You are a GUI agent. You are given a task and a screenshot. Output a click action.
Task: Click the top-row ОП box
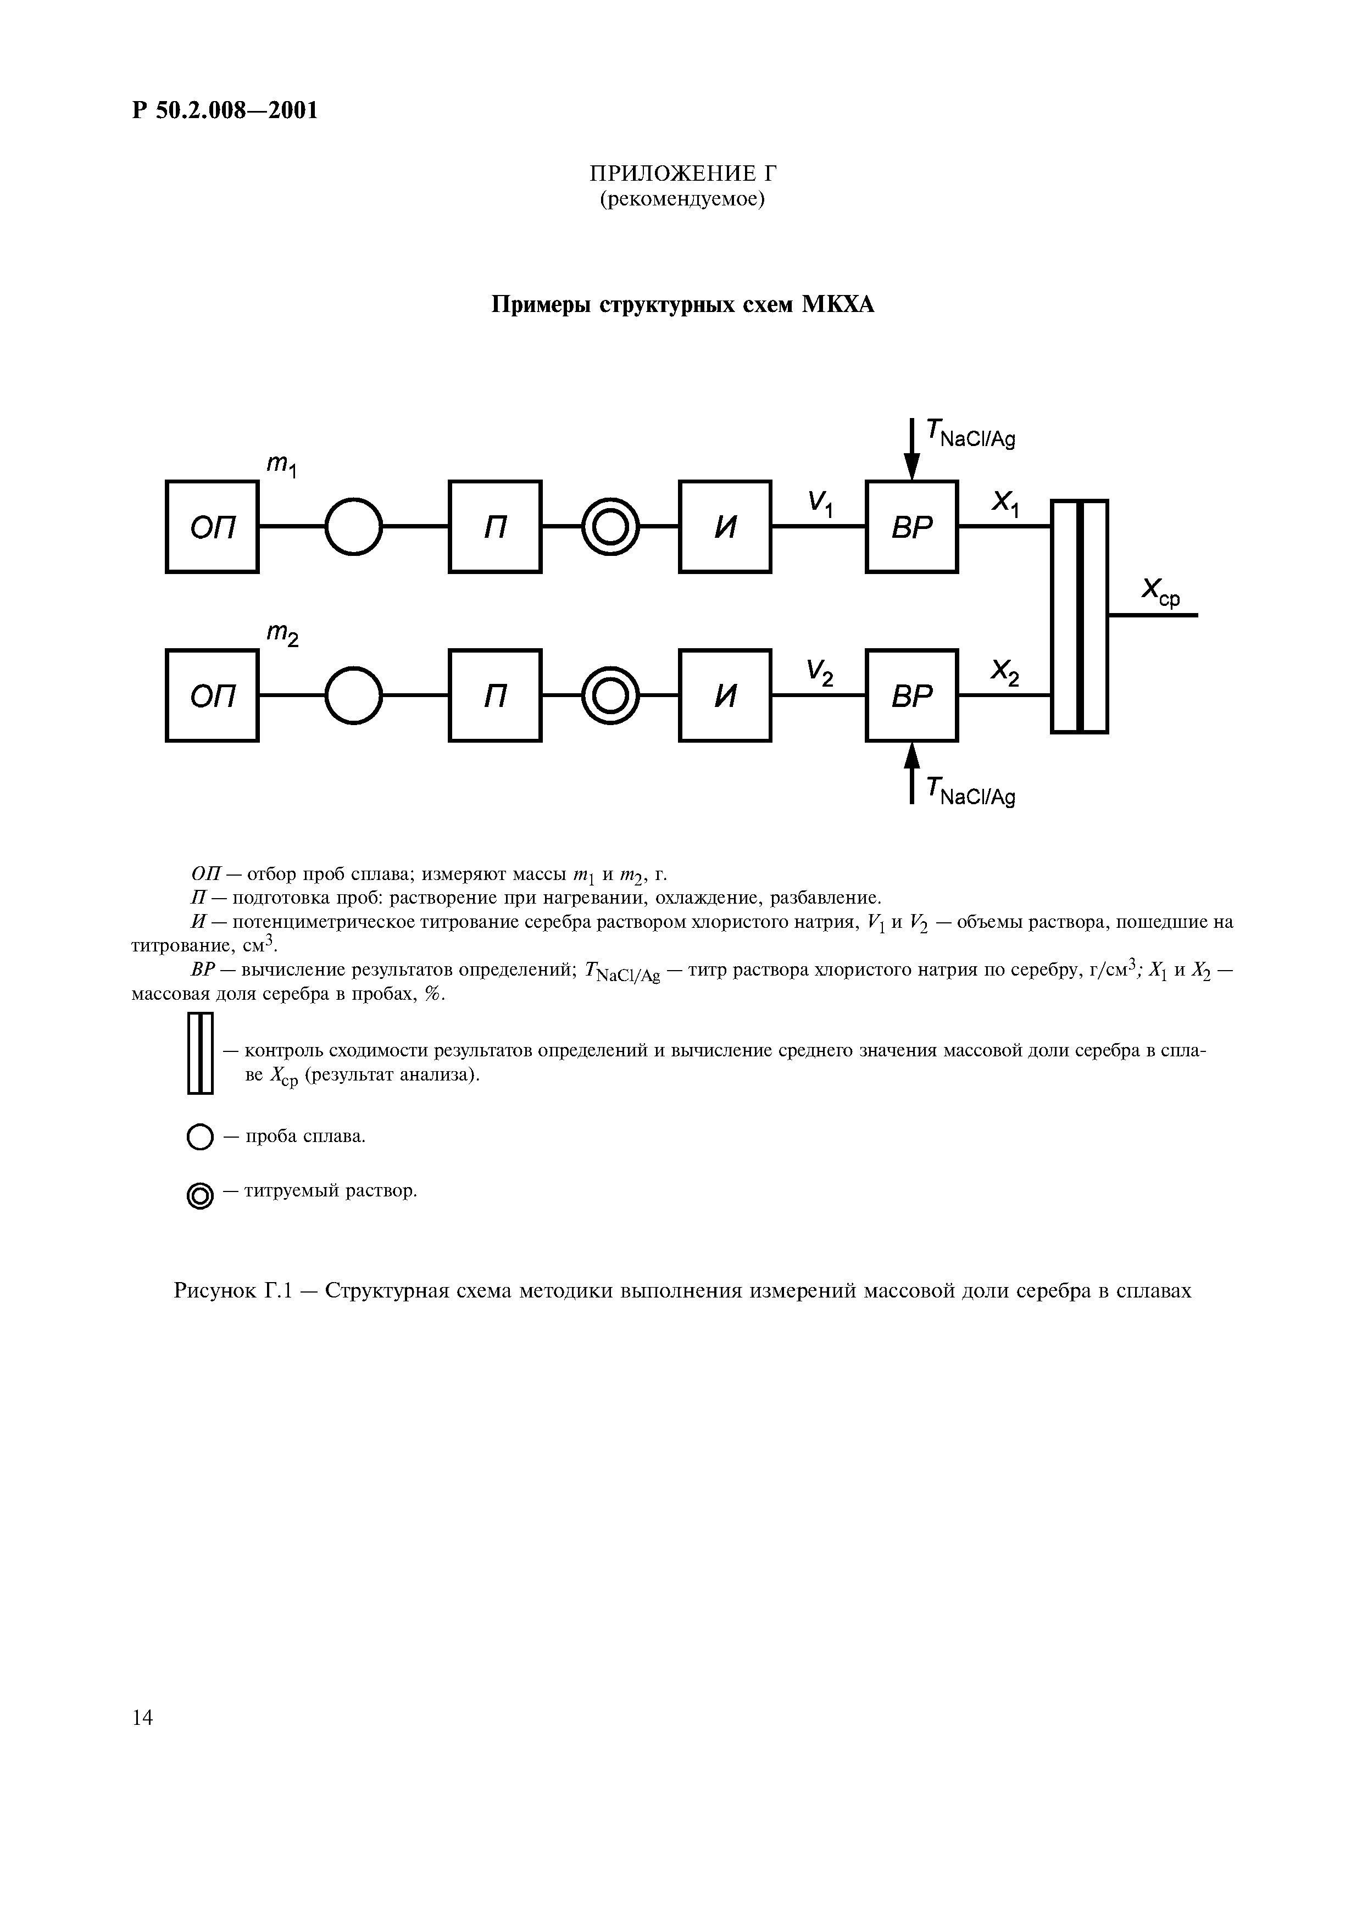(212, 526)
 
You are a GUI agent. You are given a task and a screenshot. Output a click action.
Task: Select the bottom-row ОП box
(212, 695)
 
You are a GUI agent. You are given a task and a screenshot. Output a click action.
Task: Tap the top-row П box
(495, 526)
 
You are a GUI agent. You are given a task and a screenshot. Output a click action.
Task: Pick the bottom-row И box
(725, 695)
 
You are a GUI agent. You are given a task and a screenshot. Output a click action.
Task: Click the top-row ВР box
(911, 526)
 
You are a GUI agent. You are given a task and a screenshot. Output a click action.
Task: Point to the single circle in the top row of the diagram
(353, 526)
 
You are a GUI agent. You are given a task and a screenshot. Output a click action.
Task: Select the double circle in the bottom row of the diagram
(610, 695)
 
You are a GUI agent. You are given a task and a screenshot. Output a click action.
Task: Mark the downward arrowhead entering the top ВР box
(911, 466)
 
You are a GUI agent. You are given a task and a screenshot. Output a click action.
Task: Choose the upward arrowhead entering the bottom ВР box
(911, 755)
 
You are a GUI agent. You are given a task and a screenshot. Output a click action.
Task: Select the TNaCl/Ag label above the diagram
(970, 434)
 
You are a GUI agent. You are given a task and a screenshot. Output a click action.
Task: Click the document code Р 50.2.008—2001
(225, 110)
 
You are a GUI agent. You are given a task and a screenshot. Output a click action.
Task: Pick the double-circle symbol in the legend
(199, 1196)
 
